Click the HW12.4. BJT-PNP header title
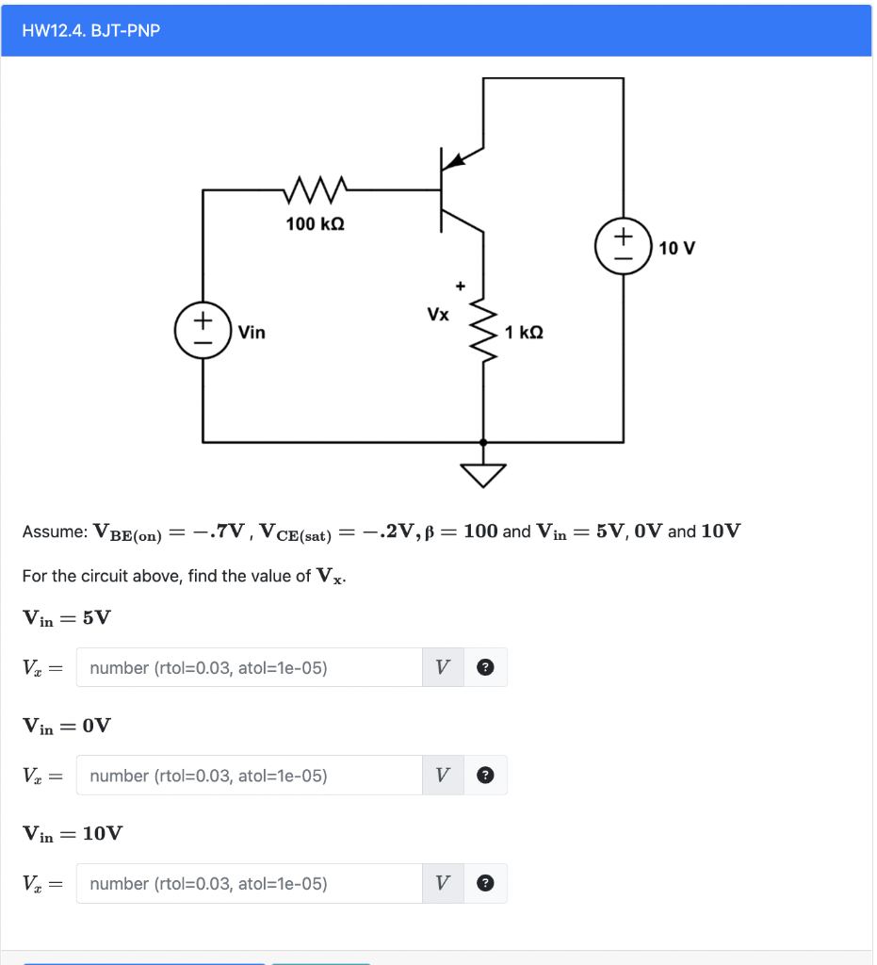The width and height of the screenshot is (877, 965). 91,31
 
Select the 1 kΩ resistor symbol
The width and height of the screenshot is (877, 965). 484,332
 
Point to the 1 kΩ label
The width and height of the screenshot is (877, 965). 525,333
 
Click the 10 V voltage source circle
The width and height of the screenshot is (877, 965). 623,247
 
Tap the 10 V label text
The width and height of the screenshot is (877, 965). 677,249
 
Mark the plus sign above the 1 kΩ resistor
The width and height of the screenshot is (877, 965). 461,284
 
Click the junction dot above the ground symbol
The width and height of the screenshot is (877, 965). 484,442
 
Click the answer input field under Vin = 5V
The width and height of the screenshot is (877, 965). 250,668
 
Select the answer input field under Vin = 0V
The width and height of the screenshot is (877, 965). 250,776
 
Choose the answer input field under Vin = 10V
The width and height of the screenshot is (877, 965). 250,884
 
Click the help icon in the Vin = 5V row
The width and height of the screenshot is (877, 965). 485,668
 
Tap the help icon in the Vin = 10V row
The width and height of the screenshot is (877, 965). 485,884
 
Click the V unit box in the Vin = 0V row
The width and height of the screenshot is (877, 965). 443,776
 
